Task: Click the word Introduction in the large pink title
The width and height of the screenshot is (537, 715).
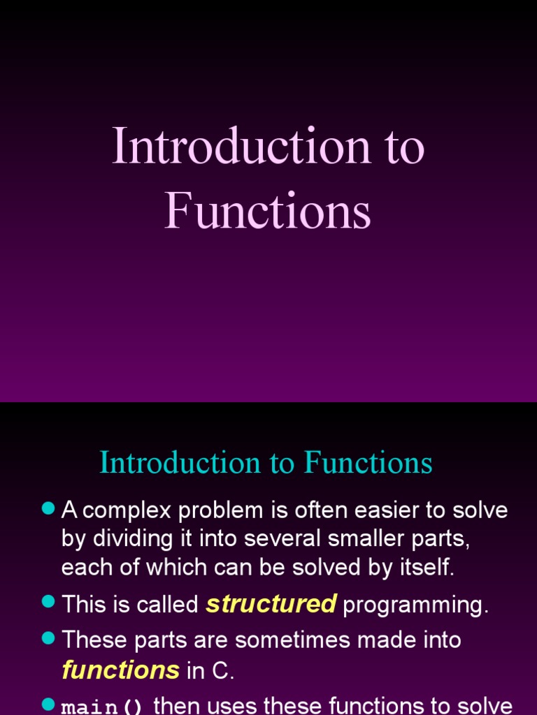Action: tap(241, 147)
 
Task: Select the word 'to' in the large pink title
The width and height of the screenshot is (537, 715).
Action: tap(403, 148)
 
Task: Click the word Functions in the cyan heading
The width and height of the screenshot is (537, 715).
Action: tap(368, 462)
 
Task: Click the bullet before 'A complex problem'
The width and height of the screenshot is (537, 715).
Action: tap(48, 509)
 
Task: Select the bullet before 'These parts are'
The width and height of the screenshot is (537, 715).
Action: tap(48, 638)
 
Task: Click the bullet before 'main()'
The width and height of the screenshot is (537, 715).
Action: tap(48, 705)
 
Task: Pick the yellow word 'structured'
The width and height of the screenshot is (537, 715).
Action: tap(271, 604)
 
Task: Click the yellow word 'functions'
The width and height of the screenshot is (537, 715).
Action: tap(120, 670)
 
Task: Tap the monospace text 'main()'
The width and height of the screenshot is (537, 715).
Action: tap(102, 707)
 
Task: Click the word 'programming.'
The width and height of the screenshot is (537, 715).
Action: tap(415, 605)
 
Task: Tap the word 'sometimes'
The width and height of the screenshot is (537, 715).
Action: tap(316, 640)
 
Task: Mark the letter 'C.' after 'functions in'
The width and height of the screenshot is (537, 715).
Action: tap(223, 671)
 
